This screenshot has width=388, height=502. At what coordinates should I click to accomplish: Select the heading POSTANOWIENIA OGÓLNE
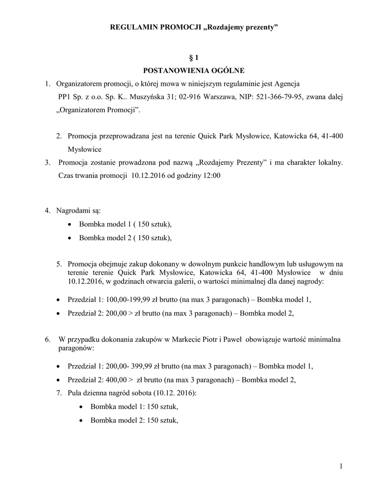tap(194, 71)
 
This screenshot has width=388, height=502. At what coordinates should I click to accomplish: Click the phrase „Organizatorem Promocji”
tap(99, 110)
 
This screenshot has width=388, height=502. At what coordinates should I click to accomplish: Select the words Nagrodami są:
tap(78, 211)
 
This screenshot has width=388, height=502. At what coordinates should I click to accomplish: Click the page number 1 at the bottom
tap(340, 466)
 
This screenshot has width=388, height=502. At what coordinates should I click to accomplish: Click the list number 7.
tap(59, 393)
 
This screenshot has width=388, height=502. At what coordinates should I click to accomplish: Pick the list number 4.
tap(47, 211)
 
